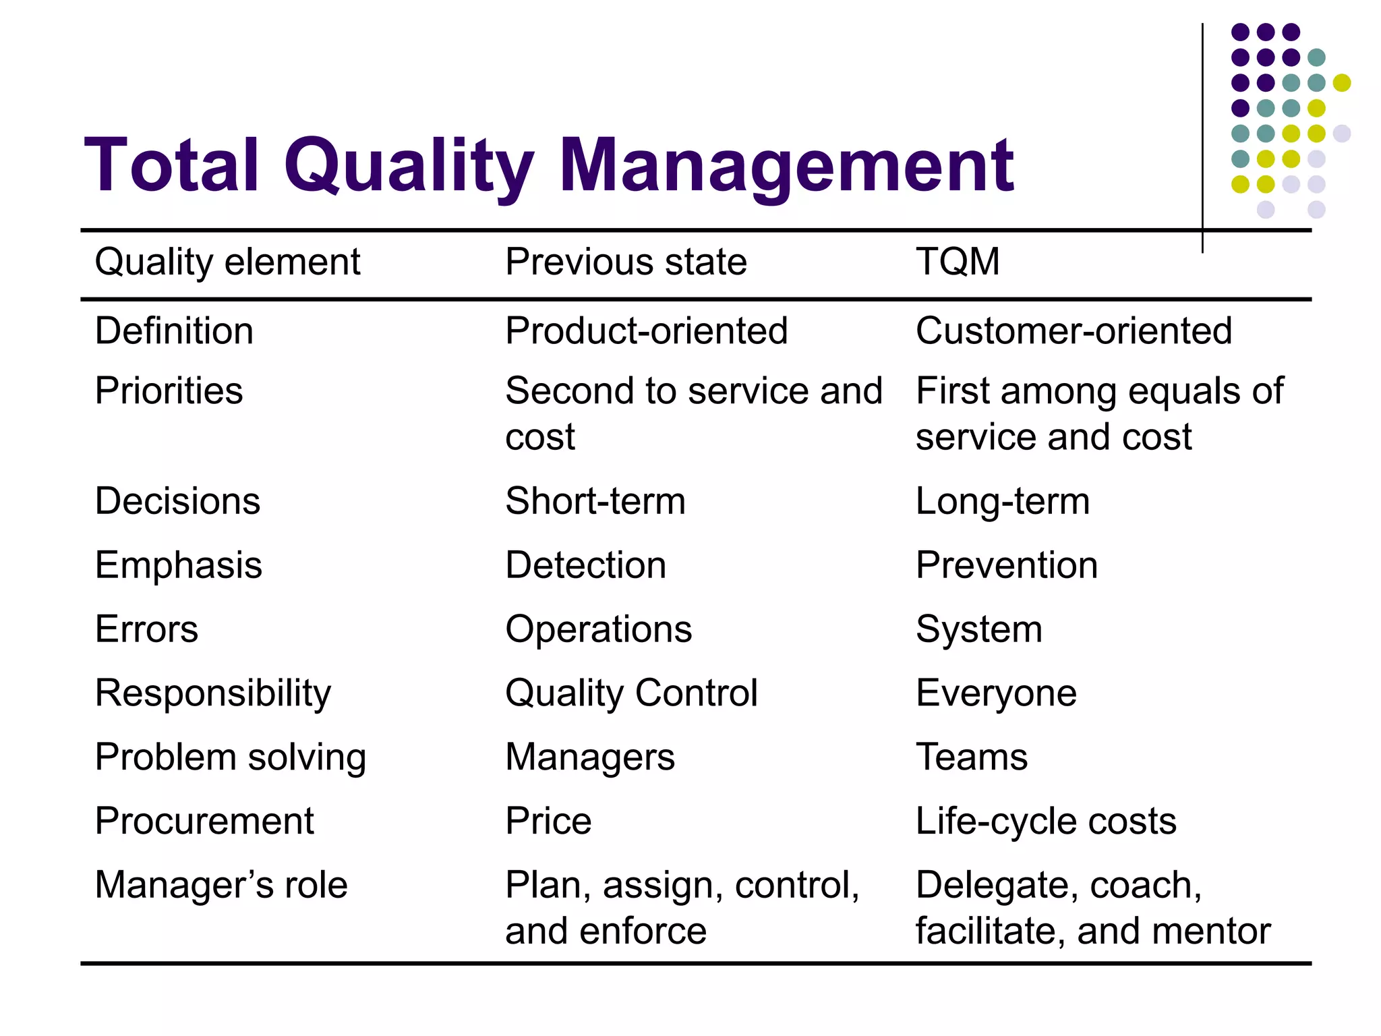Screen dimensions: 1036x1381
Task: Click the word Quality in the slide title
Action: pyautogui.click(x=409, y=166)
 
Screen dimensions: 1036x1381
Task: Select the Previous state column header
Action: pyautogui.click(x=626, y=262)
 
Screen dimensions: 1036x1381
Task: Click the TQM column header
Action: pyautogui.click(x=958, y=262)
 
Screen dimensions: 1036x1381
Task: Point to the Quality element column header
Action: pyautogui.click(x=227, y=262)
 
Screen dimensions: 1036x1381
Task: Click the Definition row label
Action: pyautogui.click(x=174, y=330)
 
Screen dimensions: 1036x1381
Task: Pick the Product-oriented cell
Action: pyautogui.click(x=646, y=330)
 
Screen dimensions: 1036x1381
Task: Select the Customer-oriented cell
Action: pyautogui.click(x=1074, y=330)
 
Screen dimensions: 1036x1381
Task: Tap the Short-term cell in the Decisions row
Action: pyautogui.click(x=595, y=501)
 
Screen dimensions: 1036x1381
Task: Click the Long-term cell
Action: pyautogui.click(x=1002, y=501)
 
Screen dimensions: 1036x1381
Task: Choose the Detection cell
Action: pyautogui.click(x=585, y=565)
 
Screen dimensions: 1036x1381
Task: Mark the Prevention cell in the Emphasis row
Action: pyautogui.click(x=1006, y=565)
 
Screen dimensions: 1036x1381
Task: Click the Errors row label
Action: pyautogui.click(x=146, y=629)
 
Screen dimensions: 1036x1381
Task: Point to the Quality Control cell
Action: pyautogui.click(x=631, y=693)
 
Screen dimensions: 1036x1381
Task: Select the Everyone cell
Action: pyautogui.click(x=996, y=693)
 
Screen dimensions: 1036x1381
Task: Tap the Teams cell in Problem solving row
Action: pyautogui.click(x=971, y=757)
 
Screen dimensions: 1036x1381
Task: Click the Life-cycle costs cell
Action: pyautogui.click(x=1045, y=822)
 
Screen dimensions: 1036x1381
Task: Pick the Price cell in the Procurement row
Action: pyautogui.click(x=548, y=822)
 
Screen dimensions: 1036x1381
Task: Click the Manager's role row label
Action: pyautogui.click(x=221, y=885)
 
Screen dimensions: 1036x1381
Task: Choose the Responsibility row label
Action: pyautogui.click(x=213, y=693)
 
